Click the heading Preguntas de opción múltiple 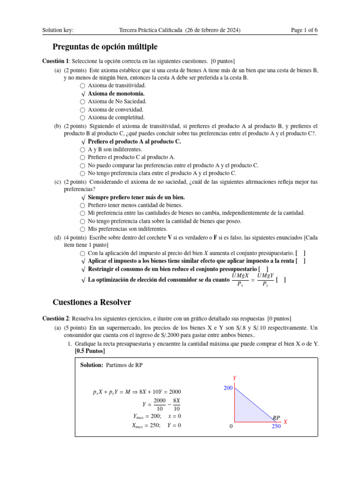[105, 47]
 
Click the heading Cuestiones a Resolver [92, 302]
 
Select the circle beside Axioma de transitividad [82, 86]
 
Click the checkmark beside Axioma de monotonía [83, 94]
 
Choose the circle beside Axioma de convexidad [82, 110]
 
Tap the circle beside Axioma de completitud [82, 118]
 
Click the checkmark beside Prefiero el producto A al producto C [83, 142]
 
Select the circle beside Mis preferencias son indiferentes [82, 229]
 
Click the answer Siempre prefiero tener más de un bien [136, 197]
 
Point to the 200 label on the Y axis [228, 388]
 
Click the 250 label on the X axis [276, 427]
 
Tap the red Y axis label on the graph [234, 378]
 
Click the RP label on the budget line [277, 417]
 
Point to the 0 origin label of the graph [231, 427]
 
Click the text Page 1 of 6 [304, 30]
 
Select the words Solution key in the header [58, 30]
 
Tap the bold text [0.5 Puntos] [90, 351]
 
